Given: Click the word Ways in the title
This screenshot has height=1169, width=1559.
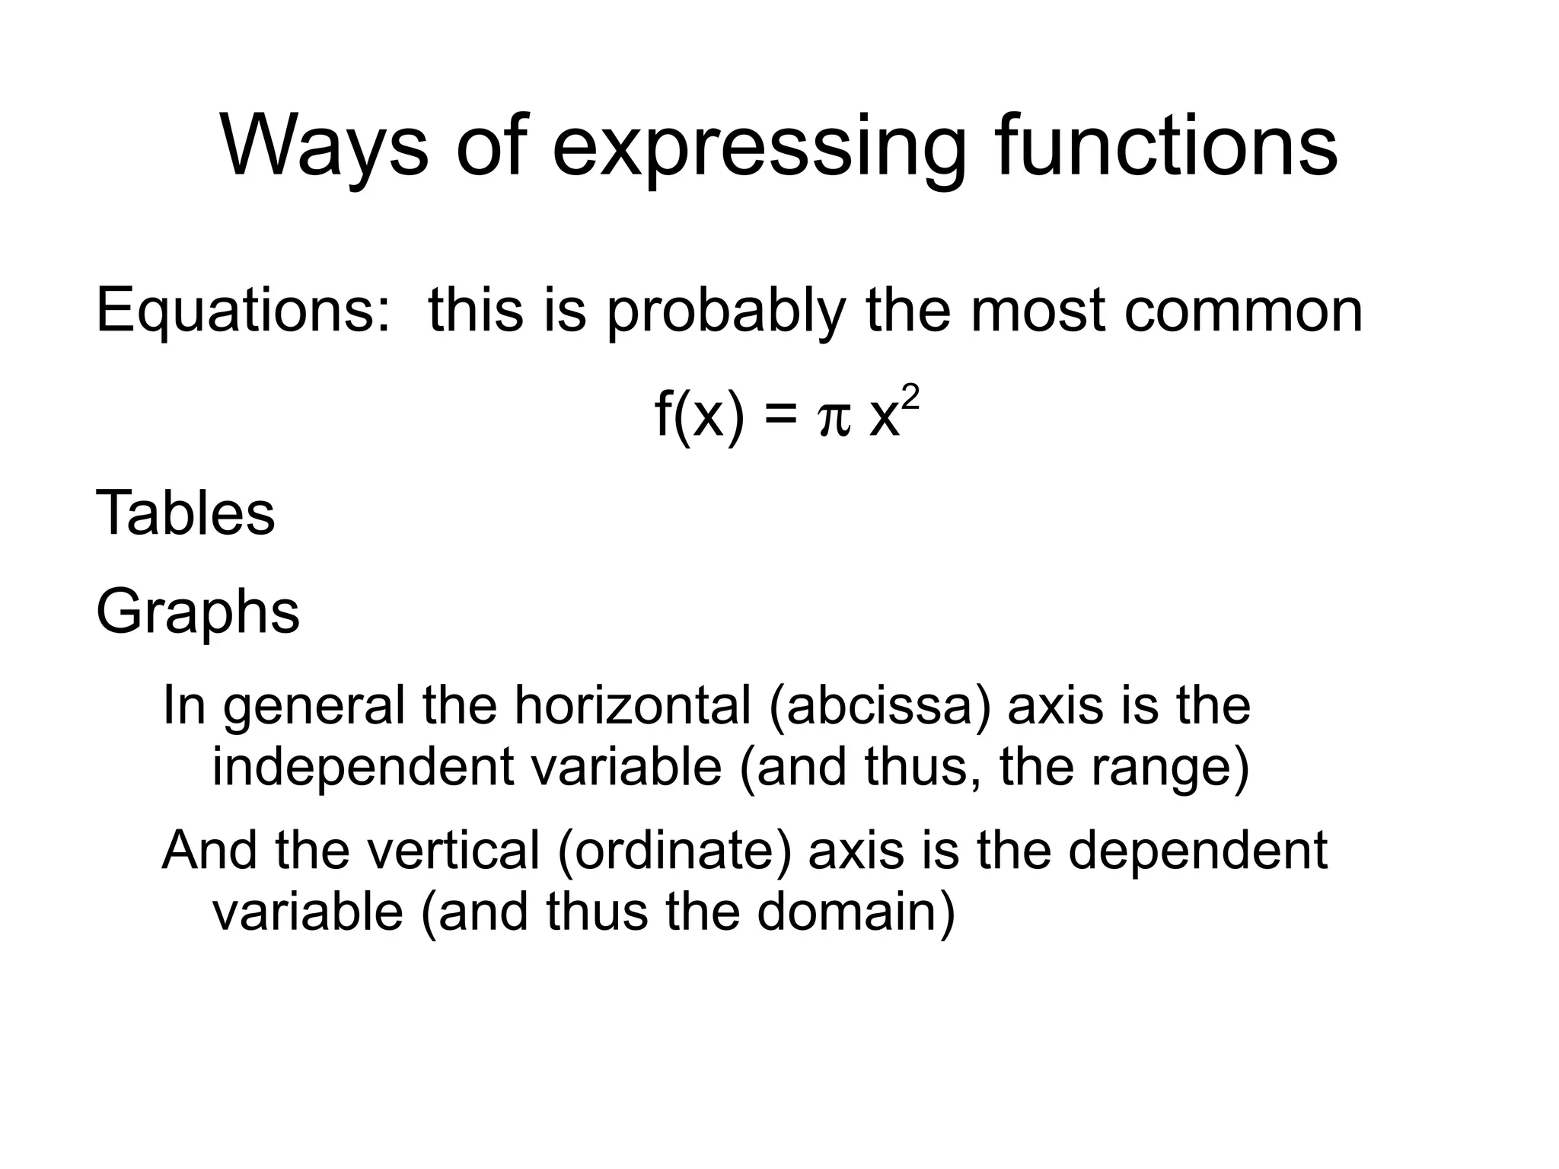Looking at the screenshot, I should [x=324, y=146].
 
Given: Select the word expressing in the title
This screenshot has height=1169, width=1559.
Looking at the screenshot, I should [x=759, y=146].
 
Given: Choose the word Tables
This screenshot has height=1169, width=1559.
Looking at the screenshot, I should [x=185, y=513].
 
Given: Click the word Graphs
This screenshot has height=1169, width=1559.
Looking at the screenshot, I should [x=198, y=612].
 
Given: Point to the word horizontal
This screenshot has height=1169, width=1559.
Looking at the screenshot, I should [x=633, y=705].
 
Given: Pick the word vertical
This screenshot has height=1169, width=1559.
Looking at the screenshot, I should [x=454, y=850].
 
